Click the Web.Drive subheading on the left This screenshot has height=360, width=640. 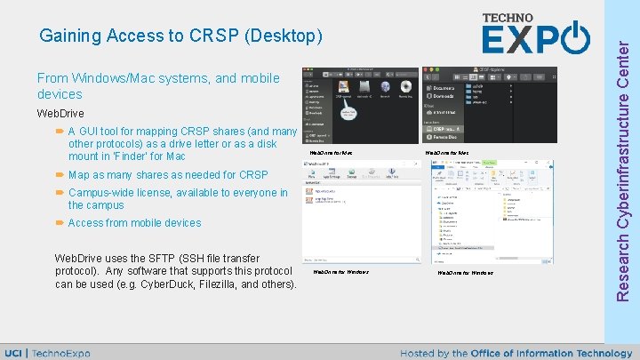pyautogui.click(x=60, y=114)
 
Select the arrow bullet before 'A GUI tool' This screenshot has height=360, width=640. pyautogui.click(x=59, y=132)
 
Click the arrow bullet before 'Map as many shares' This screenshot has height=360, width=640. pyautogui.click(x=59, y=175)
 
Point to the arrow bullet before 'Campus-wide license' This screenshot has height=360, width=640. pyautogui.click(x=59, y=193)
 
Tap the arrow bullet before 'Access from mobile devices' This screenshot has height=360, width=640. pyautogui.click(x=59, y=223)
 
